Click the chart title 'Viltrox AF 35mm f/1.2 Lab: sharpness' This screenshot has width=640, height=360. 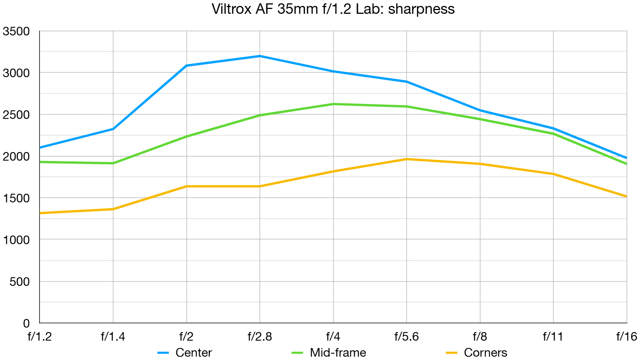333,9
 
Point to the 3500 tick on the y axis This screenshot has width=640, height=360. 16,31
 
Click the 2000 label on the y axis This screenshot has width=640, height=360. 16,157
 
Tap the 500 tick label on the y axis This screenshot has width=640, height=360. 19,282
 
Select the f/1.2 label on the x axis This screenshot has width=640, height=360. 40,337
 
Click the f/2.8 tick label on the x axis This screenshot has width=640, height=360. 260,337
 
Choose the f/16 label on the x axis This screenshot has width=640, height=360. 627,337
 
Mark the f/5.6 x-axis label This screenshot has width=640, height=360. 406,337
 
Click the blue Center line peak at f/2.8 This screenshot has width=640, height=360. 260,56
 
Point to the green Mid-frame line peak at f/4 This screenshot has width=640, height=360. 333,104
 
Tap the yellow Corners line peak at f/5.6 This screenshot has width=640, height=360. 407,159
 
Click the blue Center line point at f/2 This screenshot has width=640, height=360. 186,66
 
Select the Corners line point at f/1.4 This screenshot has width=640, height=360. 113,209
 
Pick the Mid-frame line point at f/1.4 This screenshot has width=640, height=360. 113,163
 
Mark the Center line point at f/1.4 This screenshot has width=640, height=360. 113,129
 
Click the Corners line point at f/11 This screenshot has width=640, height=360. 554,174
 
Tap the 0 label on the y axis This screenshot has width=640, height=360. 26,323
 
